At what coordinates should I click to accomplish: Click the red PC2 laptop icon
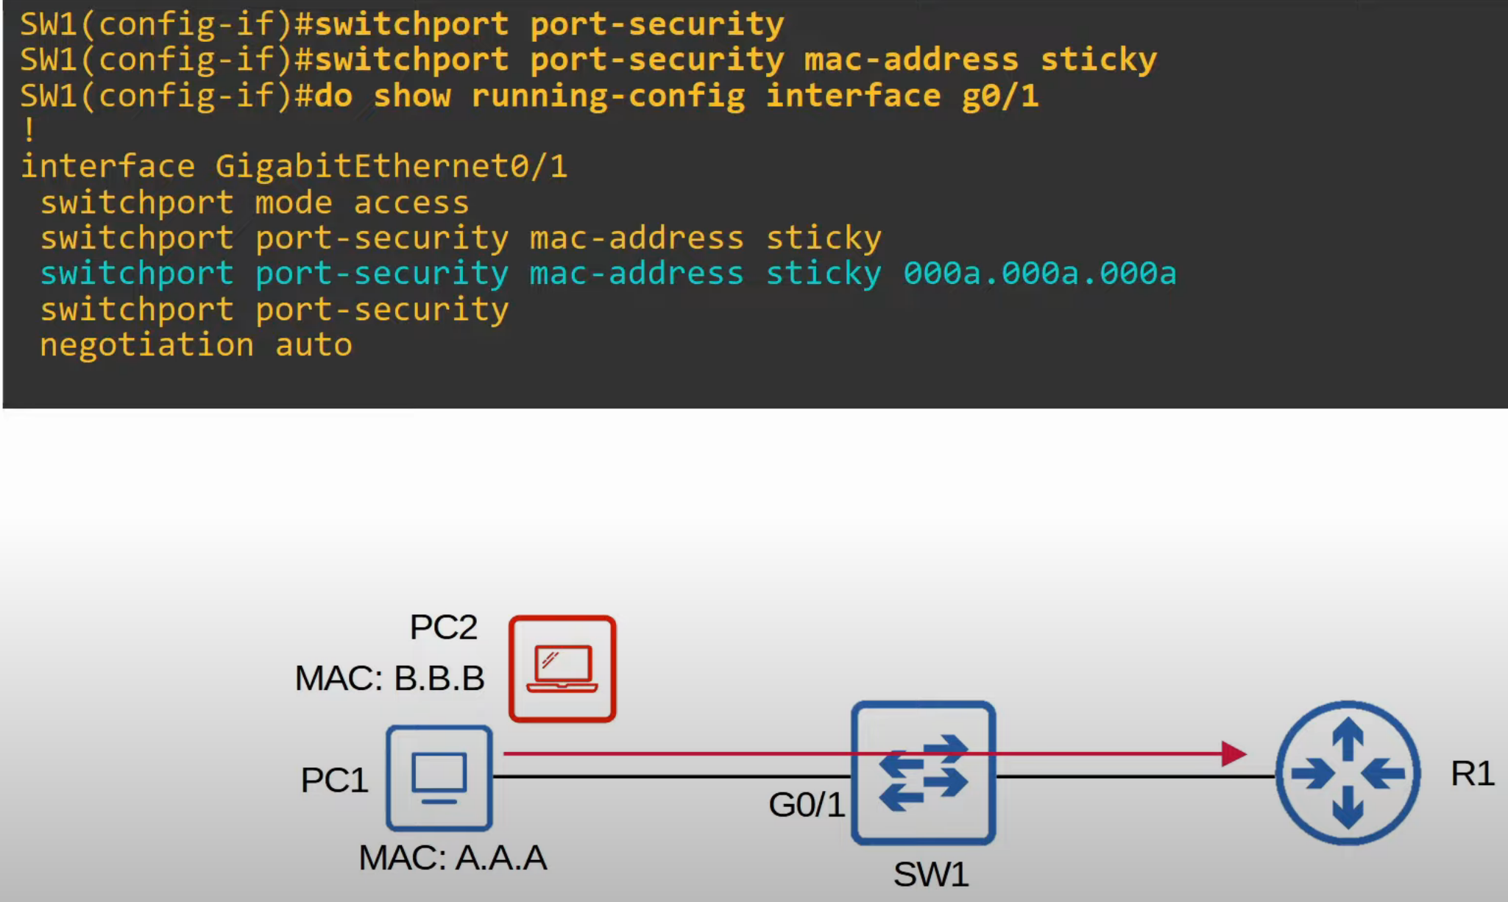click(562, 669)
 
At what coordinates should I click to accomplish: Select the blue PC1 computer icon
click(439, 778)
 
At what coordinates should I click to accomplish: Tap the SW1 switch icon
click(924, 773)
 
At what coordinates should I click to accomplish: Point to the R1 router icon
click(1348, 773)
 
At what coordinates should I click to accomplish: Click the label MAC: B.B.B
click(389, 678)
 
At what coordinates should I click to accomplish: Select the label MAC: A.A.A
click(453, 858)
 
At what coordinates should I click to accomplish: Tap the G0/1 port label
click(807, 805)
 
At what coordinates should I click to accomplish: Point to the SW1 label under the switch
click(931, 875)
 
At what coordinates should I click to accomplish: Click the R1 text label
click(1472, 774)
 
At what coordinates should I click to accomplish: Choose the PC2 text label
click(444, 628)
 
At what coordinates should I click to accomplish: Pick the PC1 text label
click(334, 780)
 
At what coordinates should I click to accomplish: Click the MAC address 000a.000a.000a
click(1040, 274)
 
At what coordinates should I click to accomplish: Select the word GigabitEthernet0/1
click(392, 166)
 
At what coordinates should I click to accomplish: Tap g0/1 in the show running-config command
click(1000, 96)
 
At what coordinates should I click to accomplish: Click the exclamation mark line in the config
click(29, 131)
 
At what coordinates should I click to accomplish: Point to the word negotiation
click(146, 345)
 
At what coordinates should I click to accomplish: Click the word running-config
click(608, 96)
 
